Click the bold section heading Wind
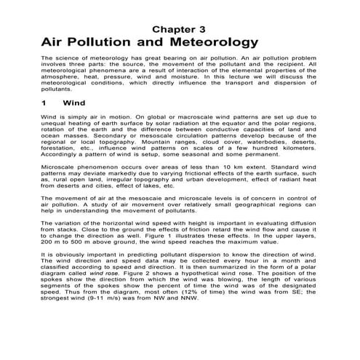pyautogui.click(x=76, y=103)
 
